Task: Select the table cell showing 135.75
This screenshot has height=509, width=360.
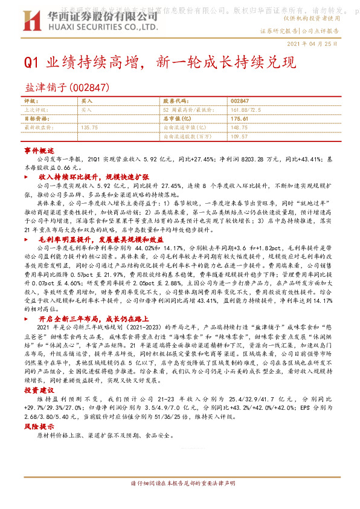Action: [89, 128]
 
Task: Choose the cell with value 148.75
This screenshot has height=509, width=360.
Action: [239, 128]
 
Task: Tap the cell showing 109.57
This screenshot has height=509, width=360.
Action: [239, 137]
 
